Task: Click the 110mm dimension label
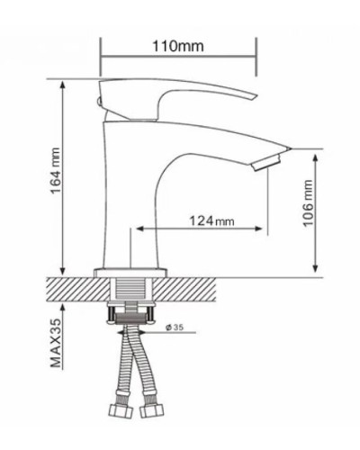click(177, 47)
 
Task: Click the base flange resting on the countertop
click(132, 269)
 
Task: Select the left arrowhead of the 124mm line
click(136, 230)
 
